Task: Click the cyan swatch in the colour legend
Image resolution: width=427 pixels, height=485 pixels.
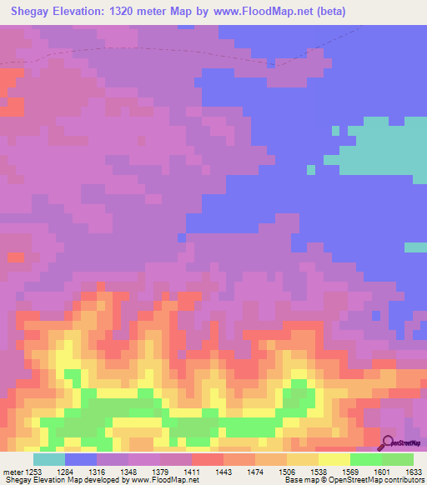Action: click(x=49, y=459)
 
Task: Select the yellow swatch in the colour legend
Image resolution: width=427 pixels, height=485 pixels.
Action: click(x=334, y=459)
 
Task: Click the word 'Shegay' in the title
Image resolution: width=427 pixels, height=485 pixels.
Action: click(x=33, y=12)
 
